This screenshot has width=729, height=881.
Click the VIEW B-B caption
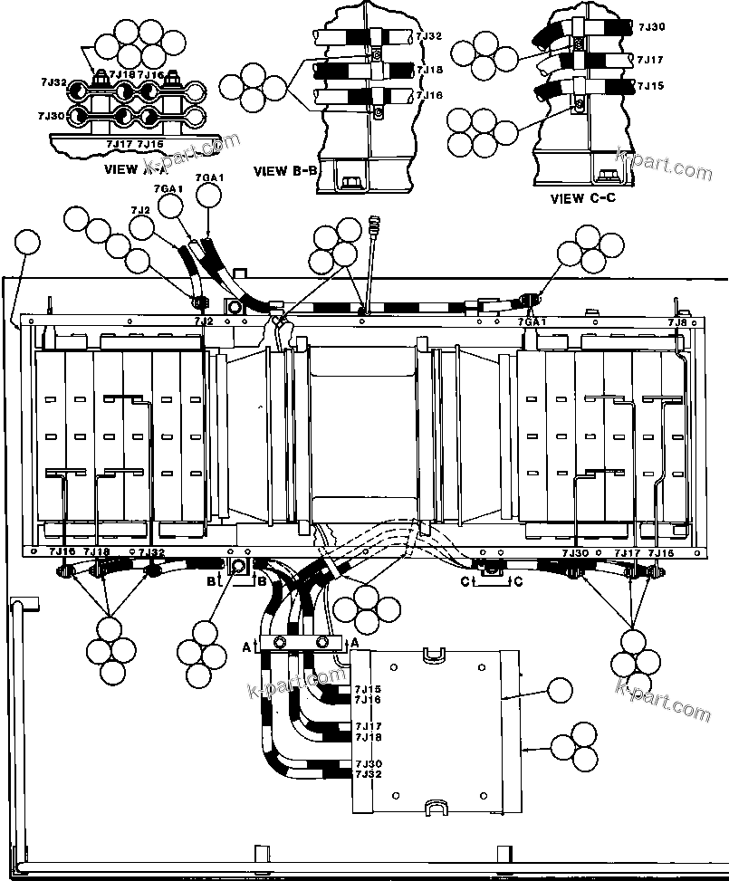284,170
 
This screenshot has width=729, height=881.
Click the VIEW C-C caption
583,197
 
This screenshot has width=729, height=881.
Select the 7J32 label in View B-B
429,36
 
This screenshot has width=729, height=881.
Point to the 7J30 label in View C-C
651,28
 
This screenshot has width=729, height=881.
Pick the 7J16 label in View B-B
429,95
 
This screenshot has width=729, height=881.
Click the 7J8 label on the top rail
676,321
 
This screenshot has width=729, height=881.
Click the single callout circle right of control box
560,692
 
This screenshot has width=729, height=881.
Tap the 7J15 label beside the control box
368,689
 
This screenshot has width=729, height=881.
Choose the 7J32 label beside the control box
368,774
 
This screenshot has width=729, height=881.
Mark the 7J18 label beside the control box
368,737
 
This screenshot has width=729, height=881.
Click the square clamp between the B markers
238,568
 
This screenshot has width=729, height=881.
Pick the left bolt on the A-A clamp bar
280,642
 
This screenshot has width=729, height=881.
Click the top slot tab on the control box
436,653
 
